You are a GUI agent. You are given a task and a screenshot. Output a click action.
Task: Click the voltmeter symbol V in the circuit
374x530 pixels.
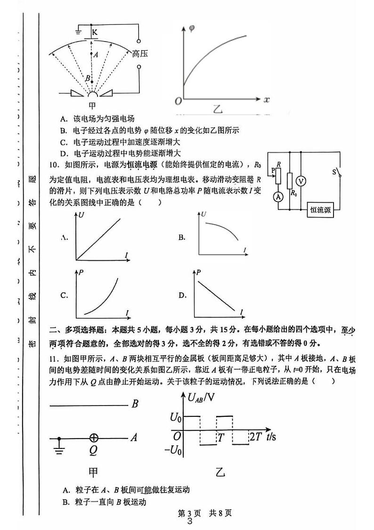pos(303,181)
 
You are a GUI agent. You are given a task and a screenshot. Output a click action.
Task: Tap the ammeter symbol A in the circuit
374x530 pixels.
pos(278,197)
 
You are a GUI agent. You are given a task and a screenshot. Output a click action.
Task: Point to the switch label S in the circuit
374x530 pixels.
pos(334,172)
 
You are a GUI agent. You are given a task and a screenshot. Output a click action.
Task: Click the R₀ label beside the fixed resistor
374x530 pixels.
pos(294,193)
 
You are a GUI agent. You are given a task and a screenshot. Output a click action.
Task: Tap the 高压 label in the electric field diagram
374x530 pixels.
pos(140,54)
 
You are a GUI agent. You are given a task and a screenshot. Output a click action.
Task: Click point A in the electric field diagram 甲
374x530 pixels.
pos(96,55)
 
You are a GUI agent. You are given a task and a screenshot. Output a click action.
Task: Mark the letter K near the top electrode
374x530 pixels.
pos(95,32)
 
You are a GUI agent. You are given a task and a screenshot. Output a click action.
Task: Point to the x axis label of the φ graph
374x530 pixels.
pos(266,100)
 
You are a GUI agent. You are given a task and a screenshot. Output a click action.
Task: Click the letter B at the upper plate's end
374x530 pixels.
pos(135,404)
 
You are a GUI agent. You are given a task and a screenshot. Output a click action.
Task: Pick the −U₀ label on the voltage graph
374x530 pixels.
pos(173,450)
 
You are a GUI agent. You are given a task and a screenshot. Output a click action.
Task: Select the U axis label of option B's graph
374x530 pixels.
pos(204,215)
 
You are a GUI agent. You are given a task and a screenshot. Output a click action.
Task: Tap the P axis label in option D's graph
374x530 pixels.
pos(199,272)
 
